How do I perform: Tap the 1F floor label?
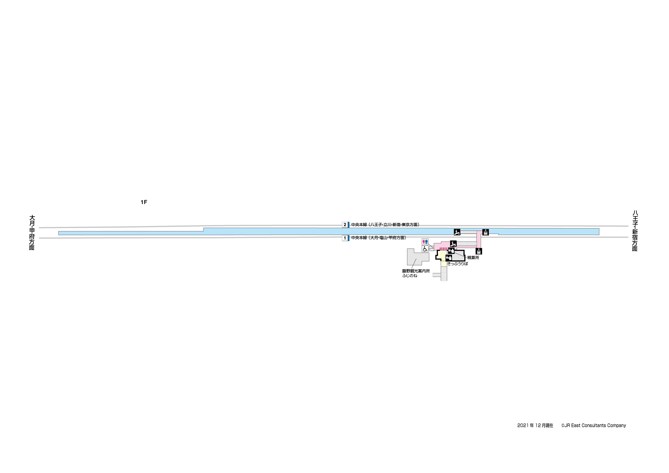point(144,202)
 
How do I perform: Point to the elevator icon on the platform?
point(485,232)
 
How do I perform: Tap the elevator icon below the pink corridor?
point(479,251)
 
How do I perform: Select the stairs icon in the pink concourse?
point(453,243)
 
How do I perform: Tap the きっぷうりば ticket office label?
point(458,264)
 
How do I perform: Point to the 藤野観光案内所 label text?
point(416,271)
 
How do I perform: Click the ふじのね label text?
point(410,276)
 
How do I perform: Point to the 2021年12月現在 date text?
point(535,426)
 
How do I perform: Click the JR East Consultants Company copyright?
point(594,426)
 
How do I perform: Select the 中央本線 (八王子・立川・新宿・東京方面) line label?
point(385,225)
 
